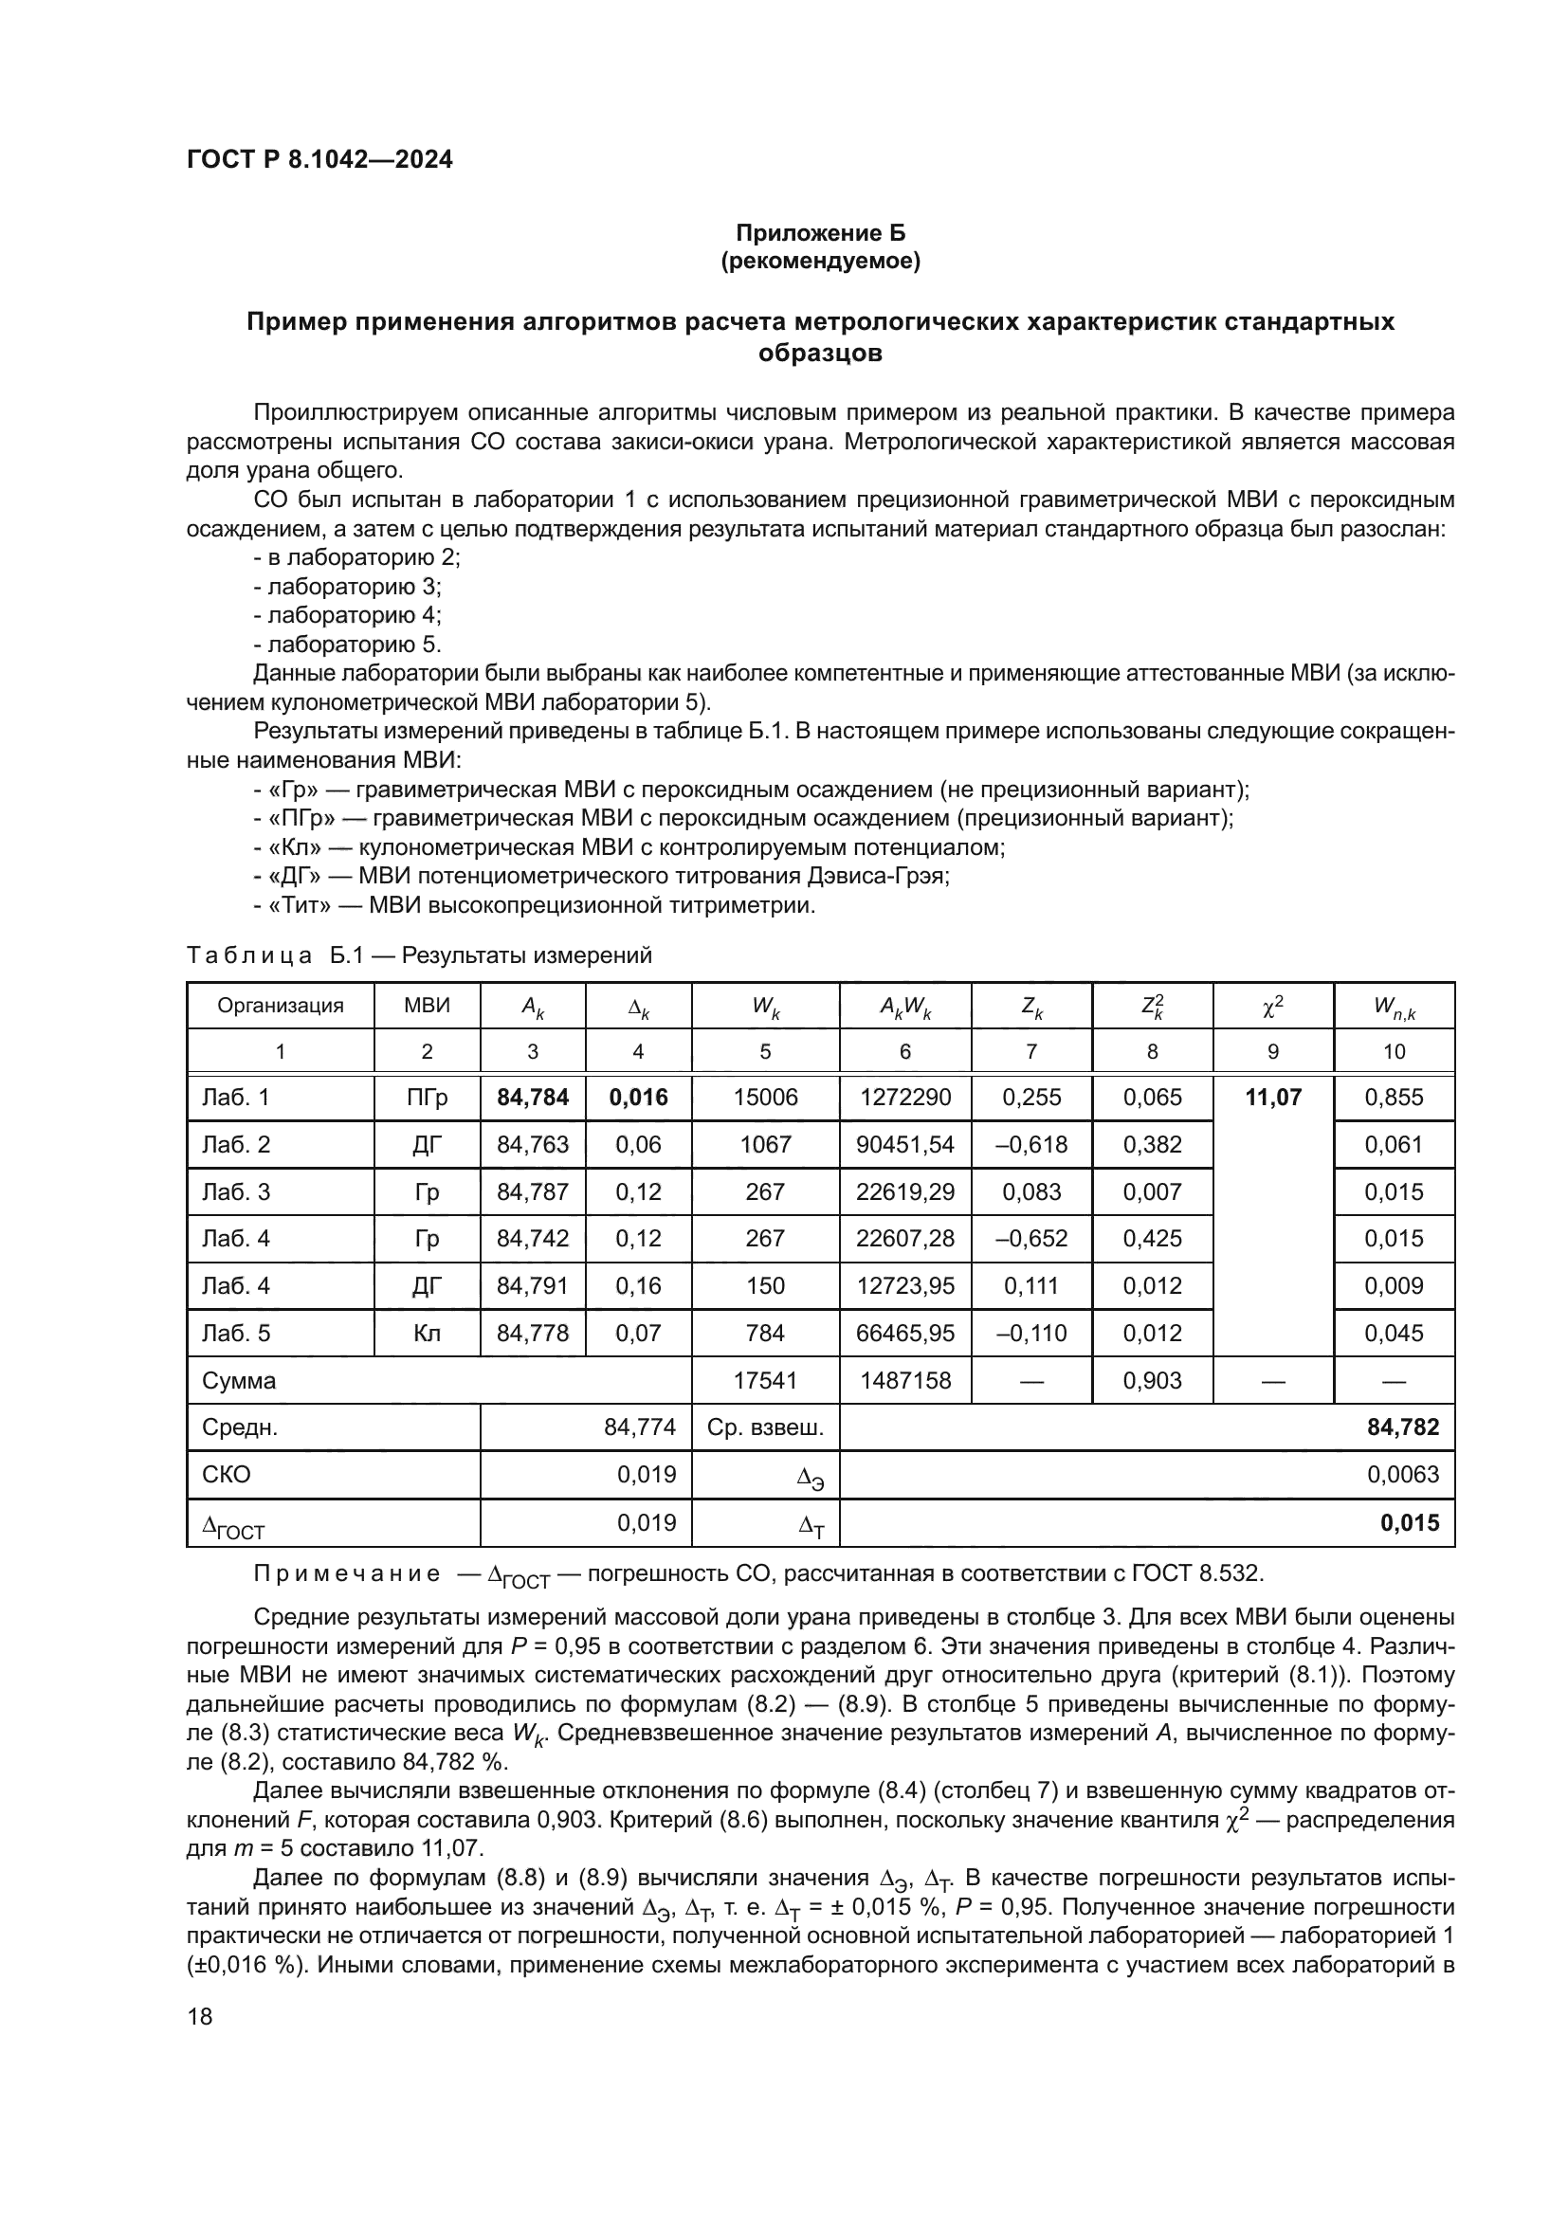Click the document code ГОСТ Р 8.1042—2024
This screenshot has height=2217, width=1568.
point(319,159)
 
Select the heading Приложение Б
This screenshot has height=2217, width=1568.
point(820,233)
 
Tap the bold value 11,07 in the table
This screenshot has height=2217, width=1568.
point(1272,1097)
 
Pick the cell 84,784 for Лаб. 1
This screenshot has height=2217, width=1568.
point(532,1097)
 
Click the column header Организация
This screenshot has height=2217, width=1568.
point(280,1005)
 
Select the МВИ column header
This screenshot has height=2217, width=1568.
point(427,1005)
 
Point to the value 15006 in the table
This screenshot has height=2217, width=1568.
point(765,1097)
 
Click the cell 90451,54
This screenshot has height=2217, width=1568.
point(904,1144)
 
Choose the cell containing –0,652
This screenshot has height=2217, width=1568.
point(1031,1238)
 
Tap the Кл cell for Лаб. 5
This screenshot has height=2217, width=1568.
point(427,1333)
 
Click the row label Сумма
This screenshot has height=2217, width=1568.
point(239,1380)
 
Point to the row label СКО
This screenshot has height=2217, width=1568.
point(226,1475)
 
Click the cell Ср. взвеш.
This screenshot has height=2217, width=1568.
point(765,1427)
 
